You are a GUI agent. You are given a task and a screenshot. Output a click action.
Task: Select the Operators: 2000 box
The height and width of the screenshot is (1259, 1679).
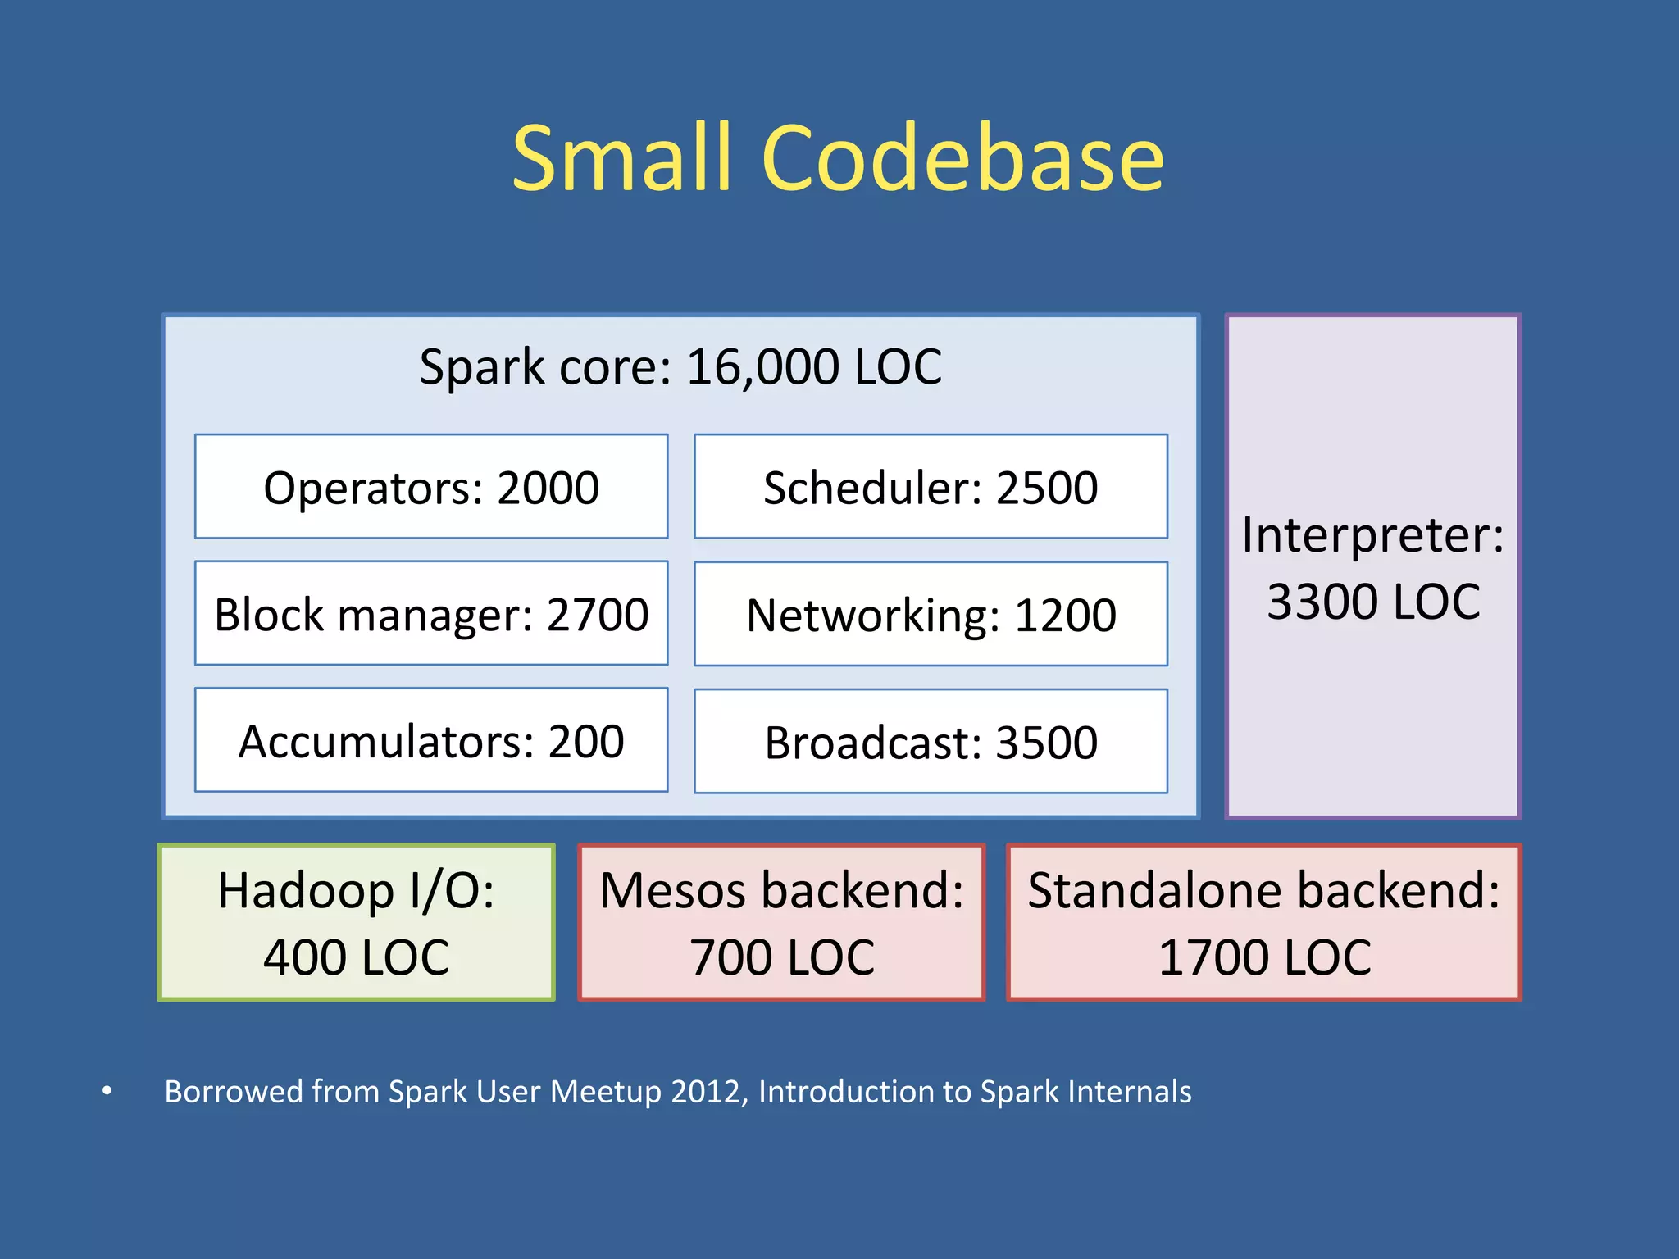click(431, 487)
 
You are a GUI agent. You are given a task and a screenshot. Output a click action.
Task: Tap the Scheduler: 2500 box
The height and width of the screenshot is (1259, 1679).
click(931, 487)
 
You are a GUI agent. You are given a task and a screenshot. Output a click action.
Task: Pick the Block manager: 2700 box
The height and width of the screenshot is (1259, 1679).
click(431, 614)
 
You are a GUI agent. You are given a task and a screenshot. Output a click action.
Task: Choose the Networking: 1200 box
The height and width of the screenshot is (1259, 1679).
click(931, 615)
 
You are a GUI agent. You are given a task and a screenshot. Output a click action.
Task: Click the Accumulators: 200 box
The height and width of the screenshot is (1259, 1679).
click(431, 741)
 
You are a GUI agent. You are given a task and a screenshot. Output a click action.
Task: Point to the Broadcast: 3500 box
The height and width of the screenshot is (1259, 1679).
click(931, 742)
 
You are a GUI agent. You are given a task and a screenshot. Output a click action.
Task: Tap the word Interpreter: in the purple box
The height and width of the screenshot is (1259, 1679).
click(1372, 535)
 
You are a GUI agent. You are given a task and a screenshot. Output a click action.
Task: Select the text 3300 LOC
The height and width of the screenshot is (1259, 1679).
click(1373, 602)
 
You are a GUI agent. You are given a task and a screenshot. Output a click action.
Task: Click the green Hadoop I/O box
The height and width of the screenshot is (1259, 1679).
click(356, 922)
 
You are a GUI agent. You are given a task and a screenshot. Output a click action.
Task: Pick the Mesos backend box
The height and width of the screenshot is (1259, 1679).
click(781, 922)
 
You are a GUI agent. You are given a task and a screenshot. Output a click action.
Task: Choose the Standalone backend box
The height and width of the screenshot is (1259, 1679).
click(1263, 922)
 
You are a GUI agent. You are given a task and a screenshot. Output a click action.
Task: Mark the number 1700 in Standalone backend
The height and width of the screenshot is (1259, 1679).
click(1207, 957)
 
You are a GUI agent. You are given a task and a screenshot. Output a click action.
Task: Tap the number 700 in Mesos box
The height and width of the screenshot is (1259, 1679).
click(730, 957)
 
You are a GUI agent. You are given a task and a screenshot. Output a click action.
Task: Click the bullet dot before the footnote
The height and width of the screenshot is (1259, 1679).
click(107, 1091)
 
